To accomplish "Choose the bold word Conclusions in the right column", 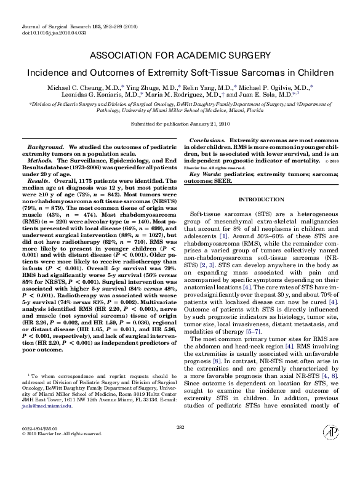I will (207, 142).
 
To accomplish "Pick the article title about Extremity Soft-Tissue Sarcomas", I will (180, 72).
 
